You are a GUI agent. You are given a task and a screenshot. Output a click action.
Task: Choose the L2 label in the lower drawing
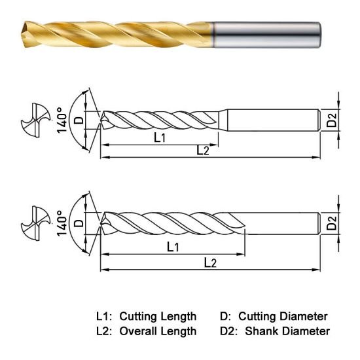coord(210,262)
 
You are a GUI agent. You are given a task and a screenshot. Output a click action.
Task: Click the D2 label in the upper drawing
coord(331,119)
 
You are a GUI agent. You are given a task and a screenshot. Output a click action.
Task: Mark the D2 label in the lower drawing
coord(331,225)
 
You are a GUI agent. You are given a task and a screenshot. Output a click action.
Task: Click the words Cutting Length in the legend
coord(157,316)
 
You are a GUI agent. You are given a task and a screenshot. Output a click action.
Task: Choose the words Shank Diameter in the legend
coord(287,331)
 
